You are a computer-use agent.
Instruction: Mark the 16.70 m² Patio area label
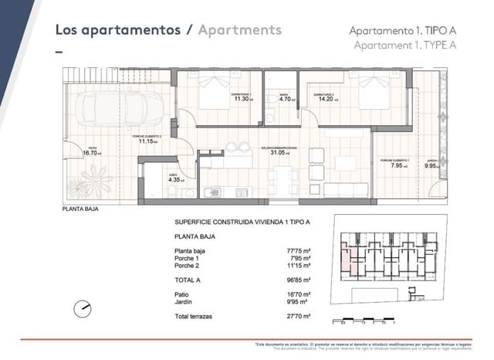pyautogui.click(x=93, y=153)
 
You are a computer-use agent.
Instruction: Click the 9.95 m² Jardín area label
pyautogui.click(x=432, y=165)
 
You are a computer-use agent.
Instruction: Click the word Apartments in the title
pyautogui.click(x=239, y=30)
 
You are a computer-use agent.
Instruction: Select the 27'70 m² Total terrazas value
pyautogui.click(x=298, y=317)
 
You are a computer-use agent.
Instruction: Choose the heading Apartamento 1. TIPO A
pyautogui.click(x=402, y=30)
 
